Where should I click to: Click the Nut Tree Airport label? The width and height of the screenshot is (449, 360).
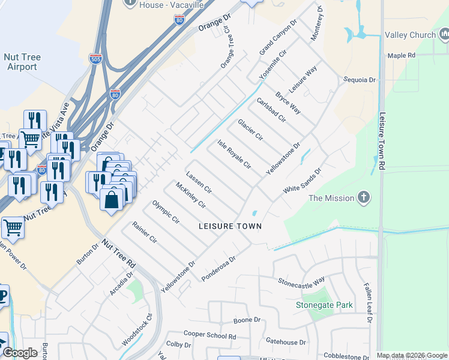pyautogui.click(x=22, y=62)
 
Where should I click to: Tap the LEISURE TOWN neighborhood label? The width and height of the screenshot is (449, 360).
pyautogui.click(x=231, y=226)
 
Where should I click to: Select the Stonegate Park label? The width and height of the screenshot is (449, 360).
pyautogui.click(x=324, y=305)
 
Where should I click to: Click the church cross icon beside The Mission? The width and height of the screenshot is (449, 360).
pyautogui.click(x=363, y=197)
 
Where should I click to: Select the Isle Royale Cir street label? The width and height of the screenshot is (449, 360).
pyautogui.click(x=234, y=155)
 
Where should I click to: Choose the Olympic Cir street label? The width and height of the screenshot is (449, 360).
pyautogui.click(x=166, y=212)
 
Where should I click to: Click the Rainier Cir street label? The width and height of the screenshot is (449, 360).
pyautogui.click(x=145, y=233)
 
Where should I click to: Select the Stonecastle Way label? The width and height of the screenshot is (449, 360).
pyautogui.click(x=301, y=280)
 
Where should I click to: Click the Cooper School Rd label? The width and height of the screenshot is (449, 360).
pyautogui.click(x=209, y=335)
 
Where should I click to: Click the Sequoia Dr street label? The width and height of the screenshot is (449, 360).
pyautogui.click(x=359, y=79)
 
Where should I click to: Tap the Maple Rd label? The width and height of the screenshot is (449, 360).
pyautogui.click(x=402, y=55)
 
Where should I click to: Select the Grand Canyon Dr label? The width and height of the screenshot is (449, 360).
pyautogui.click(x=278, y=38)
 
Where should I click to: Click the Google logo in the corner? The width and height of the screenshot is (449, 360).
pyautogui.click(x=20, y=353)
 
